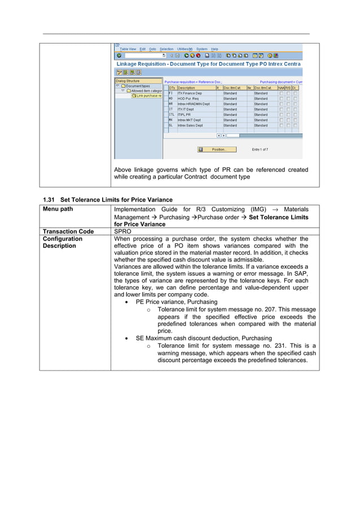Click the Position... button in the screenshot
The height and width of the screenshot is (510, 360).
(219, 150)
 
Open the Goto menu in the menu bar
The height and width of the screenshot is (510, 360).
(152, 49)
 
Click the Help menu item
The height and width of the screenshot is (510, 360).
(214, 49)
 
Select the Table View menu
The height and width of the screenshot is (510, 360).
(128, 49)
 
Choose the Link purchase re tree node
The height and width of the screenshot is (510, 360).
(148, 95)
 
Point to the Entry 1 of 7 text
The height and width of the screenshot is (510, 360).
(260, 150)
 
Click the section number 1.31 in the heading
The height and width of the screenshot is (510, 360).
(50, 199)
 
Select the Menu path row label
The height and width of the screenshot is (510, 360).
(58, 210)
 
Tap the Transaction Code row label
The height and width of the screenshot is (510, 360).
(67, 231)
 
